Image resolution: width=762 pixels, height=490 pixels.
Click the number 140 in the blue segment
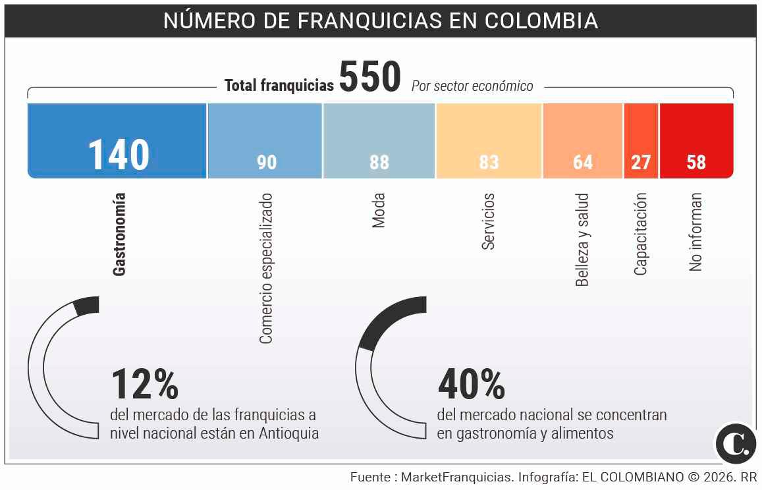119,155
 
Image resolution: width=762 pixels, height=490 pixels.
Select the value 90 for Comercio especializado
267,162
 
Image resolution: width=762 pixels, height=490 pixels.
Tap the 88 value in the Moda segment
379,162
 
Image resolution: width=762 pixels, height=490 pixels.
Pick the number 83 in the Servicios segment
489,162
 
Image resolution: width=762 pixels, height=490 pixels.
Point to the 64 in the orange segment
583,162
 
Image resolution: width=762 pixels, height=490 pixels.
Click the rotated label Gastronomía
119,234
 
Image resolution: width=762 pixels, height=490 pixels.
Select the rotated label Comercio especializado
265,268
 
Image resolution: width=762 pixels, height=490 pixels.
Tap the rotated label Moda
379,211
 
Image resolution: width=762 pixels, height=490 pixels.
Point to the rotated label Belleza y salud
582,240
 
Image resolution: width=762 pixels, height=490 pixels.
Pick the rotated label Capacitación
640,234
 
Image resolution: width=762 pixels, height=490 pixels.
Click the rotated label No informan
696,232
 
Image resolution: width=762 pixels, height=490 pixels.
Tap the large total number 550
369,78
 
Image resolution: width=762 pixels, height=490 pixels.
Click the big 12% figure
145,385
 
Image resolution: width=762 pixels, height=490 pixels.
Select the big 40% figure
471,385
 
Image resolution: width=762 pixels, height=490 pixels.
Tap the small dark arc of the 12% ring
87,306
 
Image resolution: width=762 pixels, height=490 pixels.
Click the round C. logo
735,443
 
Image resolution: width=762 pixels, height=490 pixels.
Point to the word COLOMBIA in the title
541,21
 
